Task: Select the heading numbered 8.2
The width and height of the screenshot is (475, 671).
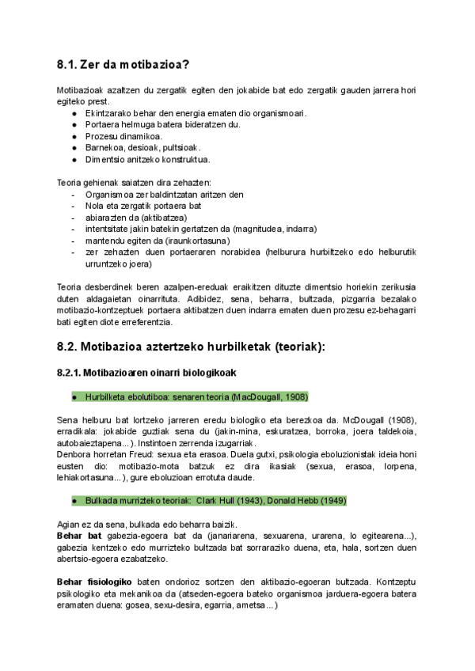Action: [192, 346]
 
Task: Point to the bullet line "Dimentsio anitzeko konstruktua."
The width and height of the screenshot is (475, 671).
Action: [147, 159]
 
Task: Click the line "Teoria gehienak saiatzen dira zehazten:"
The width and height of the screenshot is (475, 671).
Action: [134, 182]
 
